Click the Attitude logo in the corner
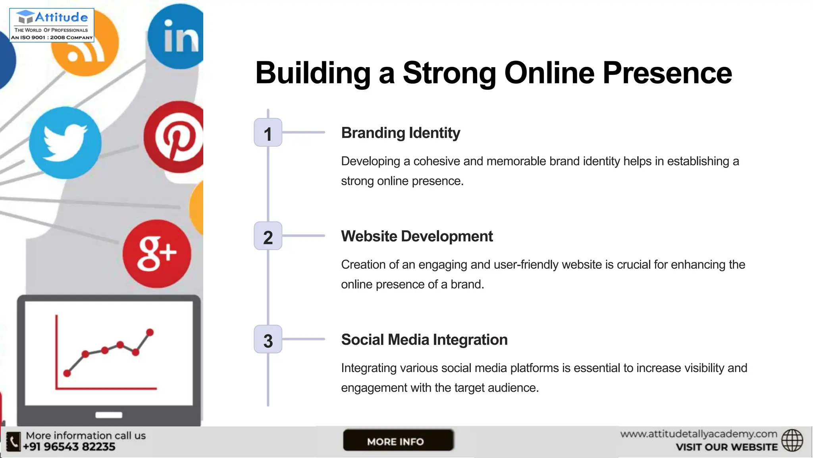pos(52,25)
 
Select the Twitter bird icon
pos(65,142)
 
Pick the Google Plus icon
pos(157,254)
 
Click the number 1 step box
pos(268,133)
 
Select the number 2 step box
pos(268,236)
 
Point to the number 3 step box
pos(268,340)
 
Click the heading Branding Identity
pos(401,133)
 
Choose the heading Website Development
pos(417,236)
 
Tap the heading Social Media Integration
pos(424,340)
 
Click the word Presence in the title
pos(667,73)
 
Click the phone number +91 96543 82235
pos(69,447)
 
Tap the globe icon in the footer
pos(792,441)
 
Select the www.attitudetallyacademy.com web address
pos(699,434)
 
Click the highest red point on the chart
pos(150,332)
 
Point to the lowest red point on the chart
pos(67,373)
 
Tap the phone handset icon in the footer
pos(13,442)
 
